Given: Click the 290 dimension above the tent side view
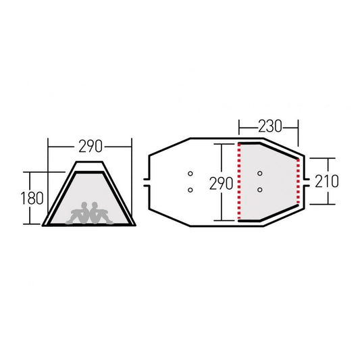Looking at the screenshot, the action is click(x=91, y=147).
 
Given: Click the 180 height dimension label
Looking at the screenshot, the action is click(x=32, y=198).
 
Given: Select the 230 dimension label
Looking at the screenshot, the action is click(x=269, y=126).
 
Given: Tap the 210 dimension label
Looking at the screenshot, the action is click(x=326, y=181).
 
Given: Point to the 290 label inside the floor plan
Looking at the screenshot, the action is click(x=221, y=184).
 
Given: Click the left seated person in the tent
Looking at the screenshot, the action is click(x=78, y=213).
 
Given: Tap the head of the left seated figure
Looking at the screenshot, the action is click(x=84, y=205).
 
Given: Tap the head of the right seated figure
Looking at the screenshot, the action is click(x=95, y=205).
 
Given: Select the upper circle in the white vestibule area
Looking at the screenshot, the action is click(x=190, y=174).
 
